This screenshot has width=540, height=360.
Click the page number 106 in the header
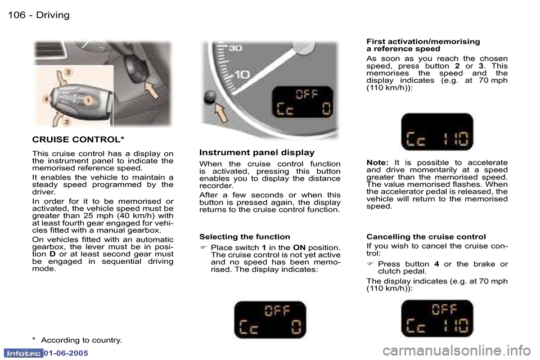[x=16, y=15]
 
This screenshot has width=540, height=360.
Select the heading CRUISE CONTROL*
[x=78, y=138]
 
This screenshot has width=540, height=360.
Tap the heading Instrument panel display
[x=256, y=152]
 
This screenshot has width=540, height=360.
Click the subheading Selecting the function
[x=245, y=237]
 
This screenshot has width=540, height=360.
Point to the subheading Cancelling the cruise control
[x=426, y=237]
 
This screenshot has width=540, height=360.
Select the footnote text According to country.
[x=81, y=340]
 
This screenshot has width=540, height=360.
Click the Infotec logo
[x=24, y=353]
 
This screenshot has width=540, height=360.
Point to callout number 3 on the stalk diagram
[x=68, y=72]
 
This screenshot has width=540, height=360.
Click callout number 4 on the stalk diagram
[x=46, y=100]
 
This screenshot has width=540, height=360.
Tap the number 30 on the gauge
[x=235, y=49]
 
